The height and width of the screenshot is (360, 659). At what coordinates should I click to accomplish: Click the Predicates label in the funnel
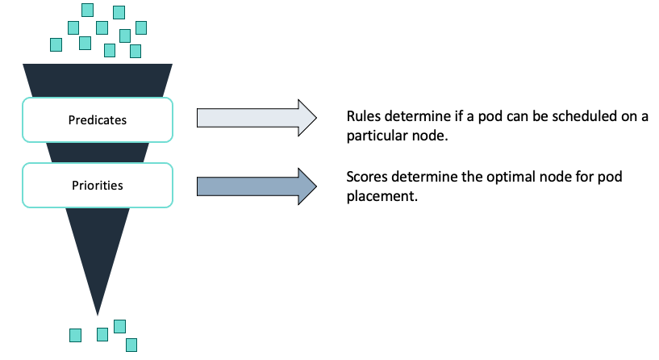tap(98, 120)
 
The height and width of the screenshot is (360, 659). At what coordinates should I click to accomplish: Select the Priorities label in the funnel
tap(98, 186)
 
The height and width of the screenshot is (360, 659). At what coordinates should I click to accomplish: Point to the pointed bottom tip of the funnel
tap(98, 312)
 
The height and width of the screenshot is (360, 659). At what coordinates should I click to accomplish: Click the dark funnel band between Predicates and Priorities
tap(98, 153)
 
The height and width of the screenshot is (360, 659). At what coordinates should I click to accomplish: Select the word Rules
tap(362, 116)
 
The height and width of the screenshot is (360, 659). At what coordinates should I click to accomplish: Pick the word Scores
tap(365, 177)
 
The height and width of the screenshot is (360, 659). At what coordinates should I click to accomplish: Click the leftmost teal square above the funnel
tap(57, 44)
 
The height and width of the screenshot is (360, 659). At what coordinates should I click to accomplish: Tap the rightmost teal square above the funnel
tap(141, 27)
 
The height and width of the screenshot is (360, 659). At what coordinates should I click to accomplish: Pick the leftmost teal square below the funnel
tap(75, 334)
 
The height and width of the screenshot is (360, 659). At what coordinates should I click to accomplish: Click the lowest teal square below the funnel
tap(131, 345)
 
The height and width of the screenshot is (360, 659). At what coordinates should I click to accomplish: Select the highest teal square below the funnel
tap(119, 326)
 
